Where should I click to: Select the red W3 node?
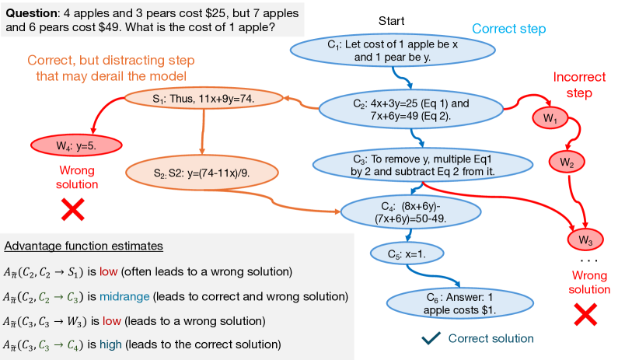[586, 238]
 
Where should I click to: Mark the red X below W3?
[585, 315]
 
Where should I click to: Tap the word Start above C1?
[392, 19]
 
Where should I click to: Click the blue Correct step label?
[509, 30]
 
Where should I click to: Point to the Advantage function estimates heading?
[83, 246]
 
